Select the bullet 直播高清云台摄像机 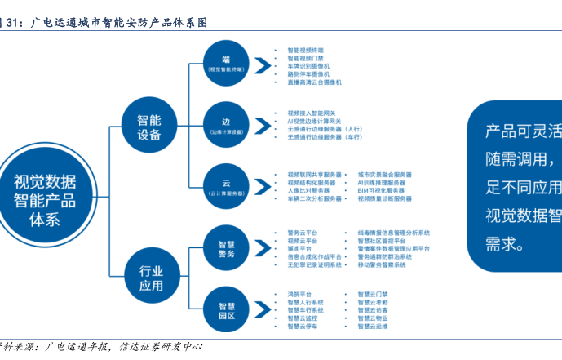[x=314, y=82]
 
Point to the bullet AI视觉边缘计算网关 [x=317, y=121]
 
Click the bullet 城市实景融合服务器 [x=384, y=175]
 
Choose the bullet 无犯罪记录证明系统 [x=313, y=264]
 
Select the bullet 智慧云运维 [x=372, y=326]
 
